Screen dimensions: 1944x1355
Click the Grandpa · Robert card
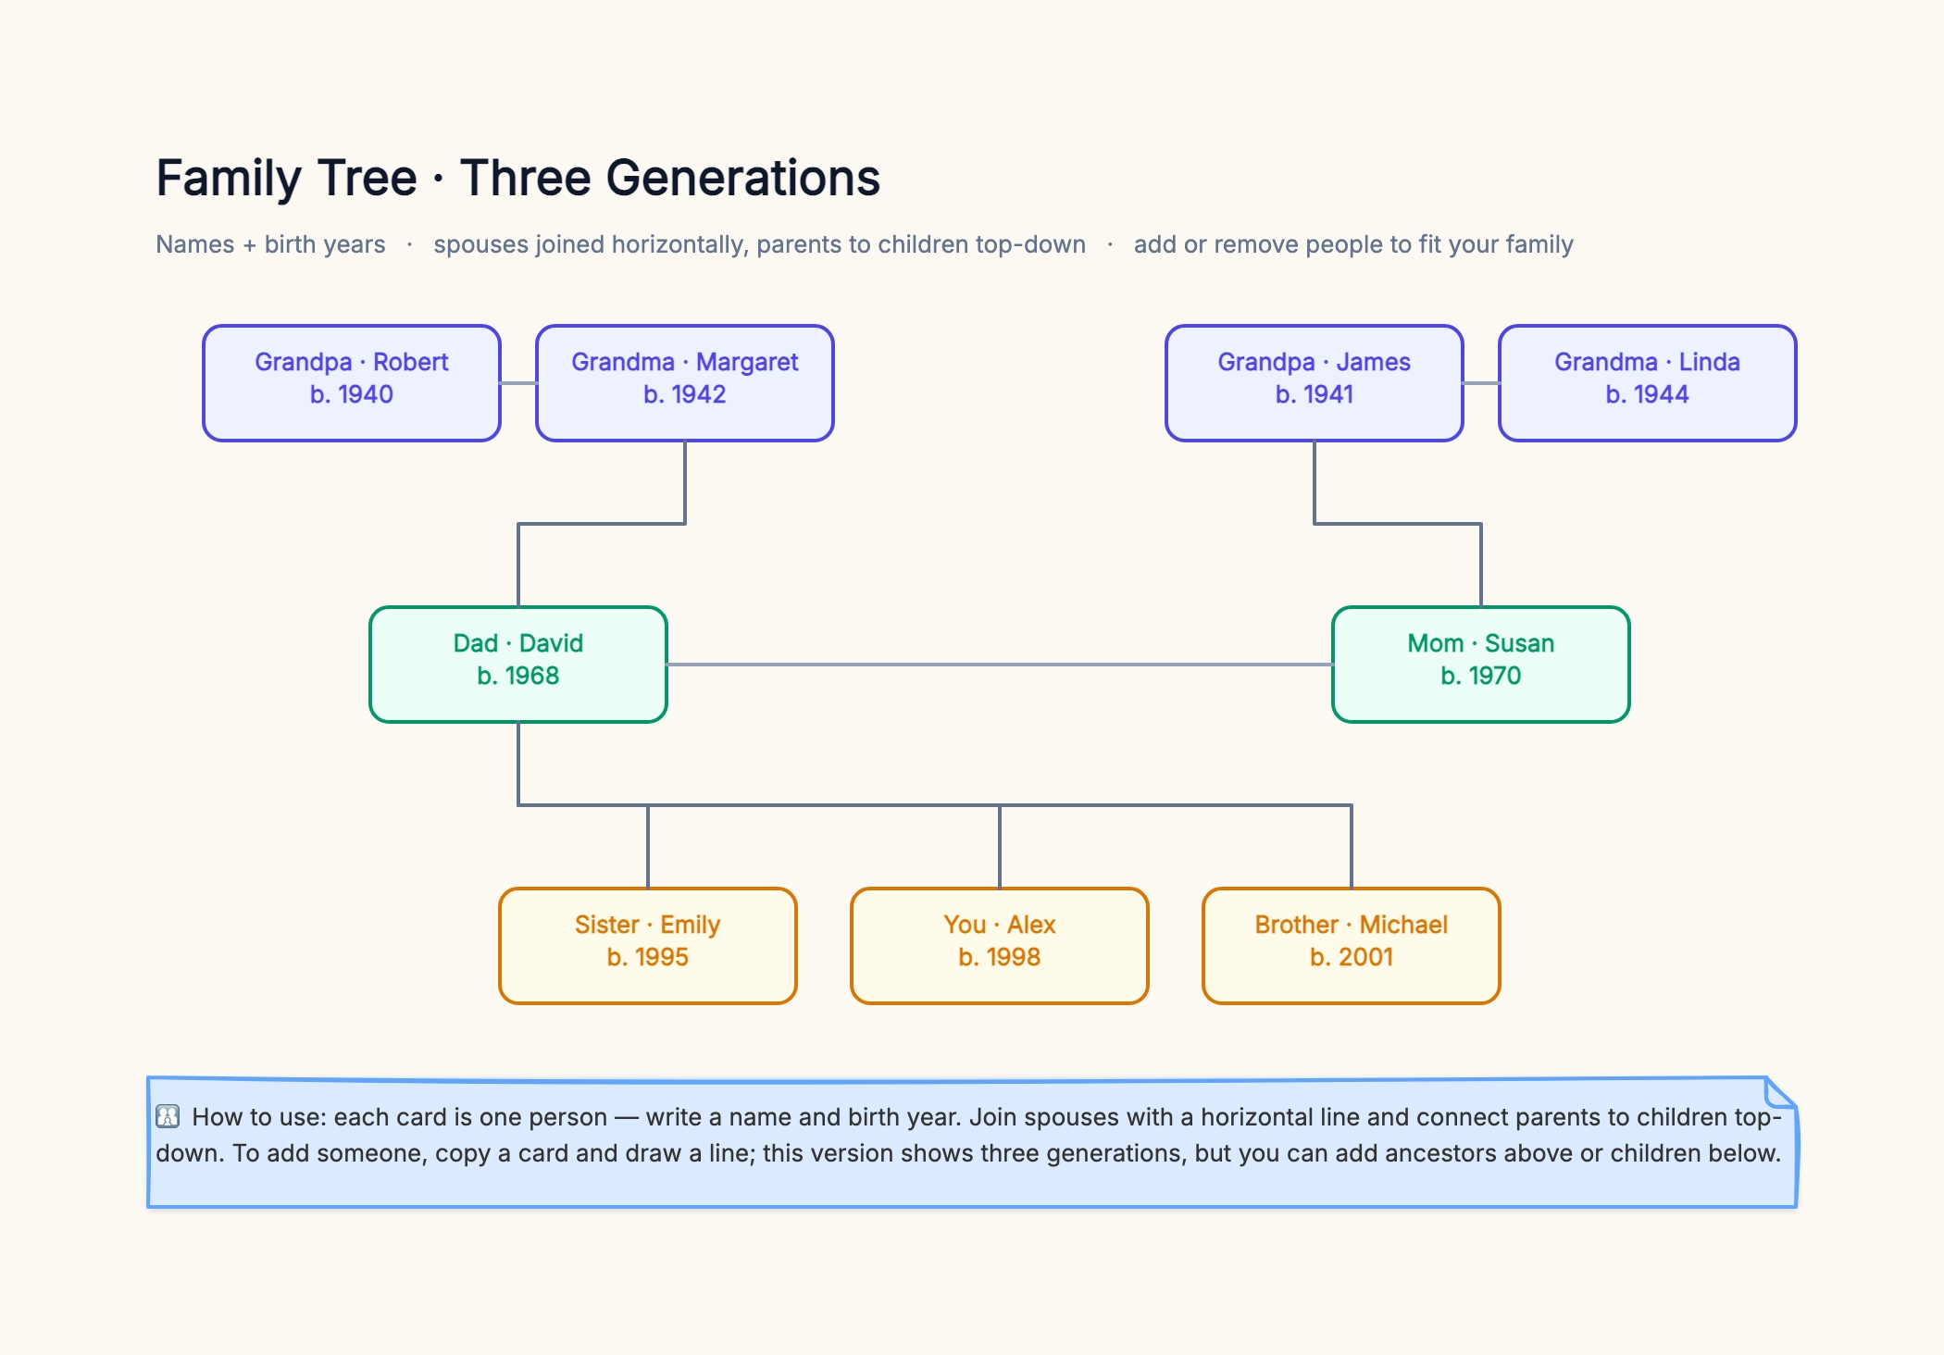[x=352, y=383]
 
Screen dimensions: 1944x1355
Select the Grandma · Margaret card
[x=685, y=383]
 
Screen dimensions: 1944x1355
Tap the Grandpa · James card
[x=1315, y=383]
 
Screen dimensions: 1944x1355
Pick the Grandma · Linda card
[x=1648, y=383]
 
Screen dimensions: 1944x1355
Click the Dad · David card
[x=518, y=665]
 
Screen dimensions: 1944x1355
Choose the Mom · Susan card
[x=1481, y=665]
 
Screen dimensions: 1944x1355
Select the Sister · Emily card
[x=648, y=946]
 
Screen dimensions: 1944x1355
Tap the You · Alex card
[x=1000, y=946]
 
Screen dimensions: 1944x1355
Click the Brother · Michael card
[x=1352, y=946]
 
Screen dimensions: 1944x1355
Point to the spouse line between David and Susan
[x=1000, y=665]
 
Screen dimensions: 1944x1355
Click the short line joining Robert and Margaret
[x=518, y=383]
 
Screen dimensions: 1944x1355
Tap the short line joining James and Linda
[x=1481, y=383]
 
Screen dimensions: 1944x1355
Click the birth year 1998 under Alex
[x=1013, y=957]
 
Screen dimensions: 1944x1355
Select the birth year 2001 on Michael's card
[x=1365, y=957]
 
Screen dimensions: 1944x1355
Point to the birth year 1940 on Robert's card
[x=365, y=394]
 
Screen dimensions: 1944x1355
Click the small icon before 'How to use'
[x=168, y=1116]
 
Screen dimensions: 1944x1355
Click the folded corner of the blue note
[x=1780, y=1092]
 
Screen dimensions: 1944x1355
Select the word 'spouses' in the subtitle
[x=480, y=245]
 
